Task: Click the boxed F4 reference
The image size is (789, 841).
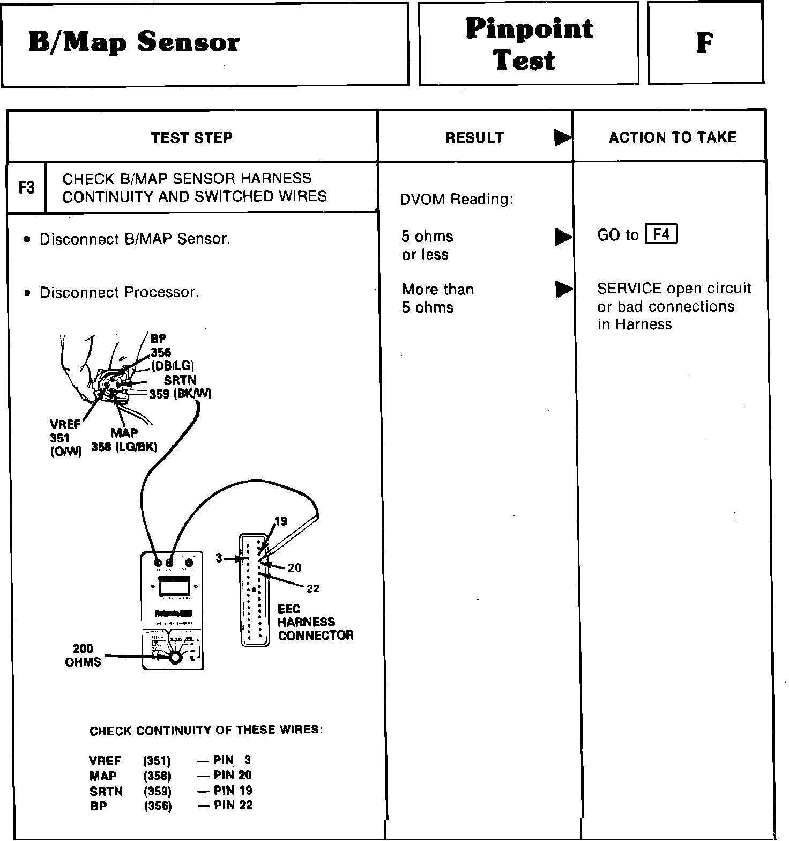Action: click(x=661, y=235)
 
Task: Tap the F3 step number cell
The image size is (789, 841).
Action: click(x=26, y=188)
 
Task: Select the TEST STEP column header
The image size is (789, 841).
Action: click(x=191, y=138)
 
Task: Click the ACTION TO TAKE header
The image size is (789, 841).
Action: click(x=672, y=137)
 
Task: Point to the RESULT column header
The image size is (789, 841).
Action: click(x=474, y=138)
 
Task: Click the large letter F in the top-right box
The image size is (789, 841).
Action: click(x=704, y=43)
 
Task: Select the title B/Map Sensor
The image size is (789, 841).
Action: click(x=133, y=42)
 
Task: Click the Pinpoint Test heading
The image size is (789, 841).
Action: click(x=529, y=44)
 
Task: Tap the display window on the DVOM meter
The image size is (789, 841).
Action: click(x=174, y=586)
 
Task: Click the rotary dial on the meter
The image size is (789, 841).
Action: click(x=175, y=658)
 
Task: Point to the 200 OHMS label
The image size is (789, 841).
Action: click(x=83, y=655)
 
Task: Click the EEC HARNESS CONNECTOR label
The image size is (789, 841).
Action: click(x=315, y=622)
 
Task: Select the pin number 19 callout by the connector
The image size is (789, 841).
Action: click(x=280, y=521)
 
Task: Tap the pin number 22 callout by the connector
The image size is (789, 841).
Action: click(x=313, y=588)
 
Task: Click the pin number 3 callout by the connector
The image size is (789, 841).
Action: click(x=219, y=558)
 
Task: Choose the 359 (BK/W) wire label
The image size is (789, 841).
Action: click(x=180, y=394)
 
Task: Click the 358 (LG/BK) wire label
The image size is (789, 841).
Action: click(x=124, y=447)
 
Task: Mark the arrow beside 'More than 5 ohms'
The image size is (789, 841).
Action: click(x=563, y=290)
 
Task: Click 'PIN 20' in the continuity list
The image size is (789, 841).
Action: click(x=232, y=775)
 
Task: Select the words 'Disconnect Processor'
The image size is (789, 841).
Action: click(x=119, y=292)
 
